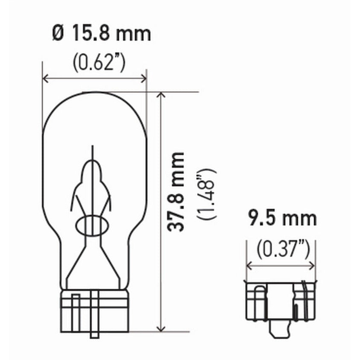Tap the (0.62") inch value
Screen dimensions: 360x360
98,63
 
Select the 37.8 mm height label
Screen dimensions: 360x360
176,192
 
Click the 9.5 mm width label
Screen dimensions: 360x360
282,219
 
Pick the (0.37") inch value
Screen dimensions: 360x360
283,249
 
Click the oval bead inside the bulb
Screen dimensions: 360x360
92,225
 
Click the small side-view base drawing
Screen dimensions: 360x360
281,301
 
